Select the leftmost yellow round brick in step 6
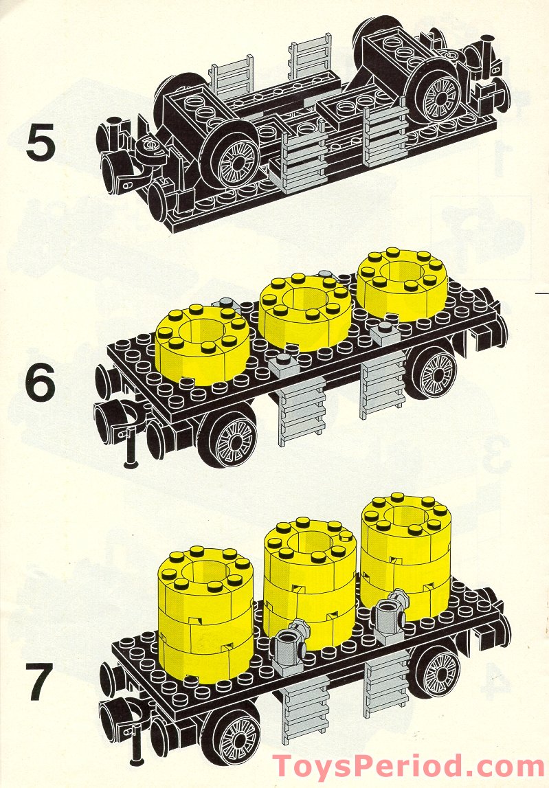(200, 341)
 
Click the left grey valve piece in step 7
(291, 643)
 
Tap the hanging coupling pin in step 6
(130, 447)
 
